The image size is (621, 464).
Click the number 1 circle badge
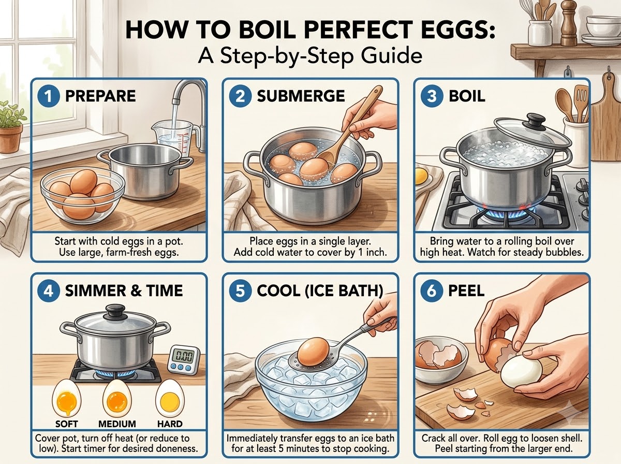tap(48, 96)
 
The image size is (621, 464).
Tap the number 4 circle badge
tap(48, 291)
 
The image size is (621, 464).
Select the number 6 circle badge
tap(432, 291)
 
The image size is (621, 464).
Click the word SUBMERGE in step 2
tap(301, 96)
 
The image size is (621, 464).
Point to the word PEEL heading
tap(467, 291)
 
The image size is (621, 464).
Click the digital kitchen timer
tap(183, 360)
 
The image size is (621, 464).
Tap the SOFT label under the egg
tap(67, 424)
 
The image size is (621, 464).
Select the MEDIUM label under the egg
tap(117, 424)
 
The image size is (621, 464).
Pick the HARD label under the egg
tap(170, 424)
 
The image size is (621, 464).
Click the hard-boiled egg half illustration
tap(170, 399)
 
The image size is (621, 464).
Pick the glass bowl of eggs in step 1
tap(83, 196)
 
